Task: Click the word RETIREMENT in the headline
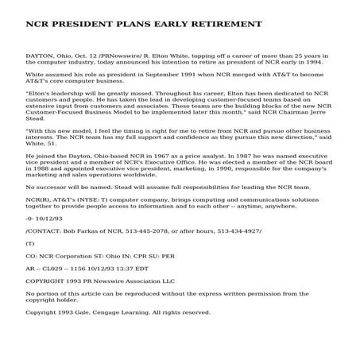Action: click(x=217, y=25)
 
